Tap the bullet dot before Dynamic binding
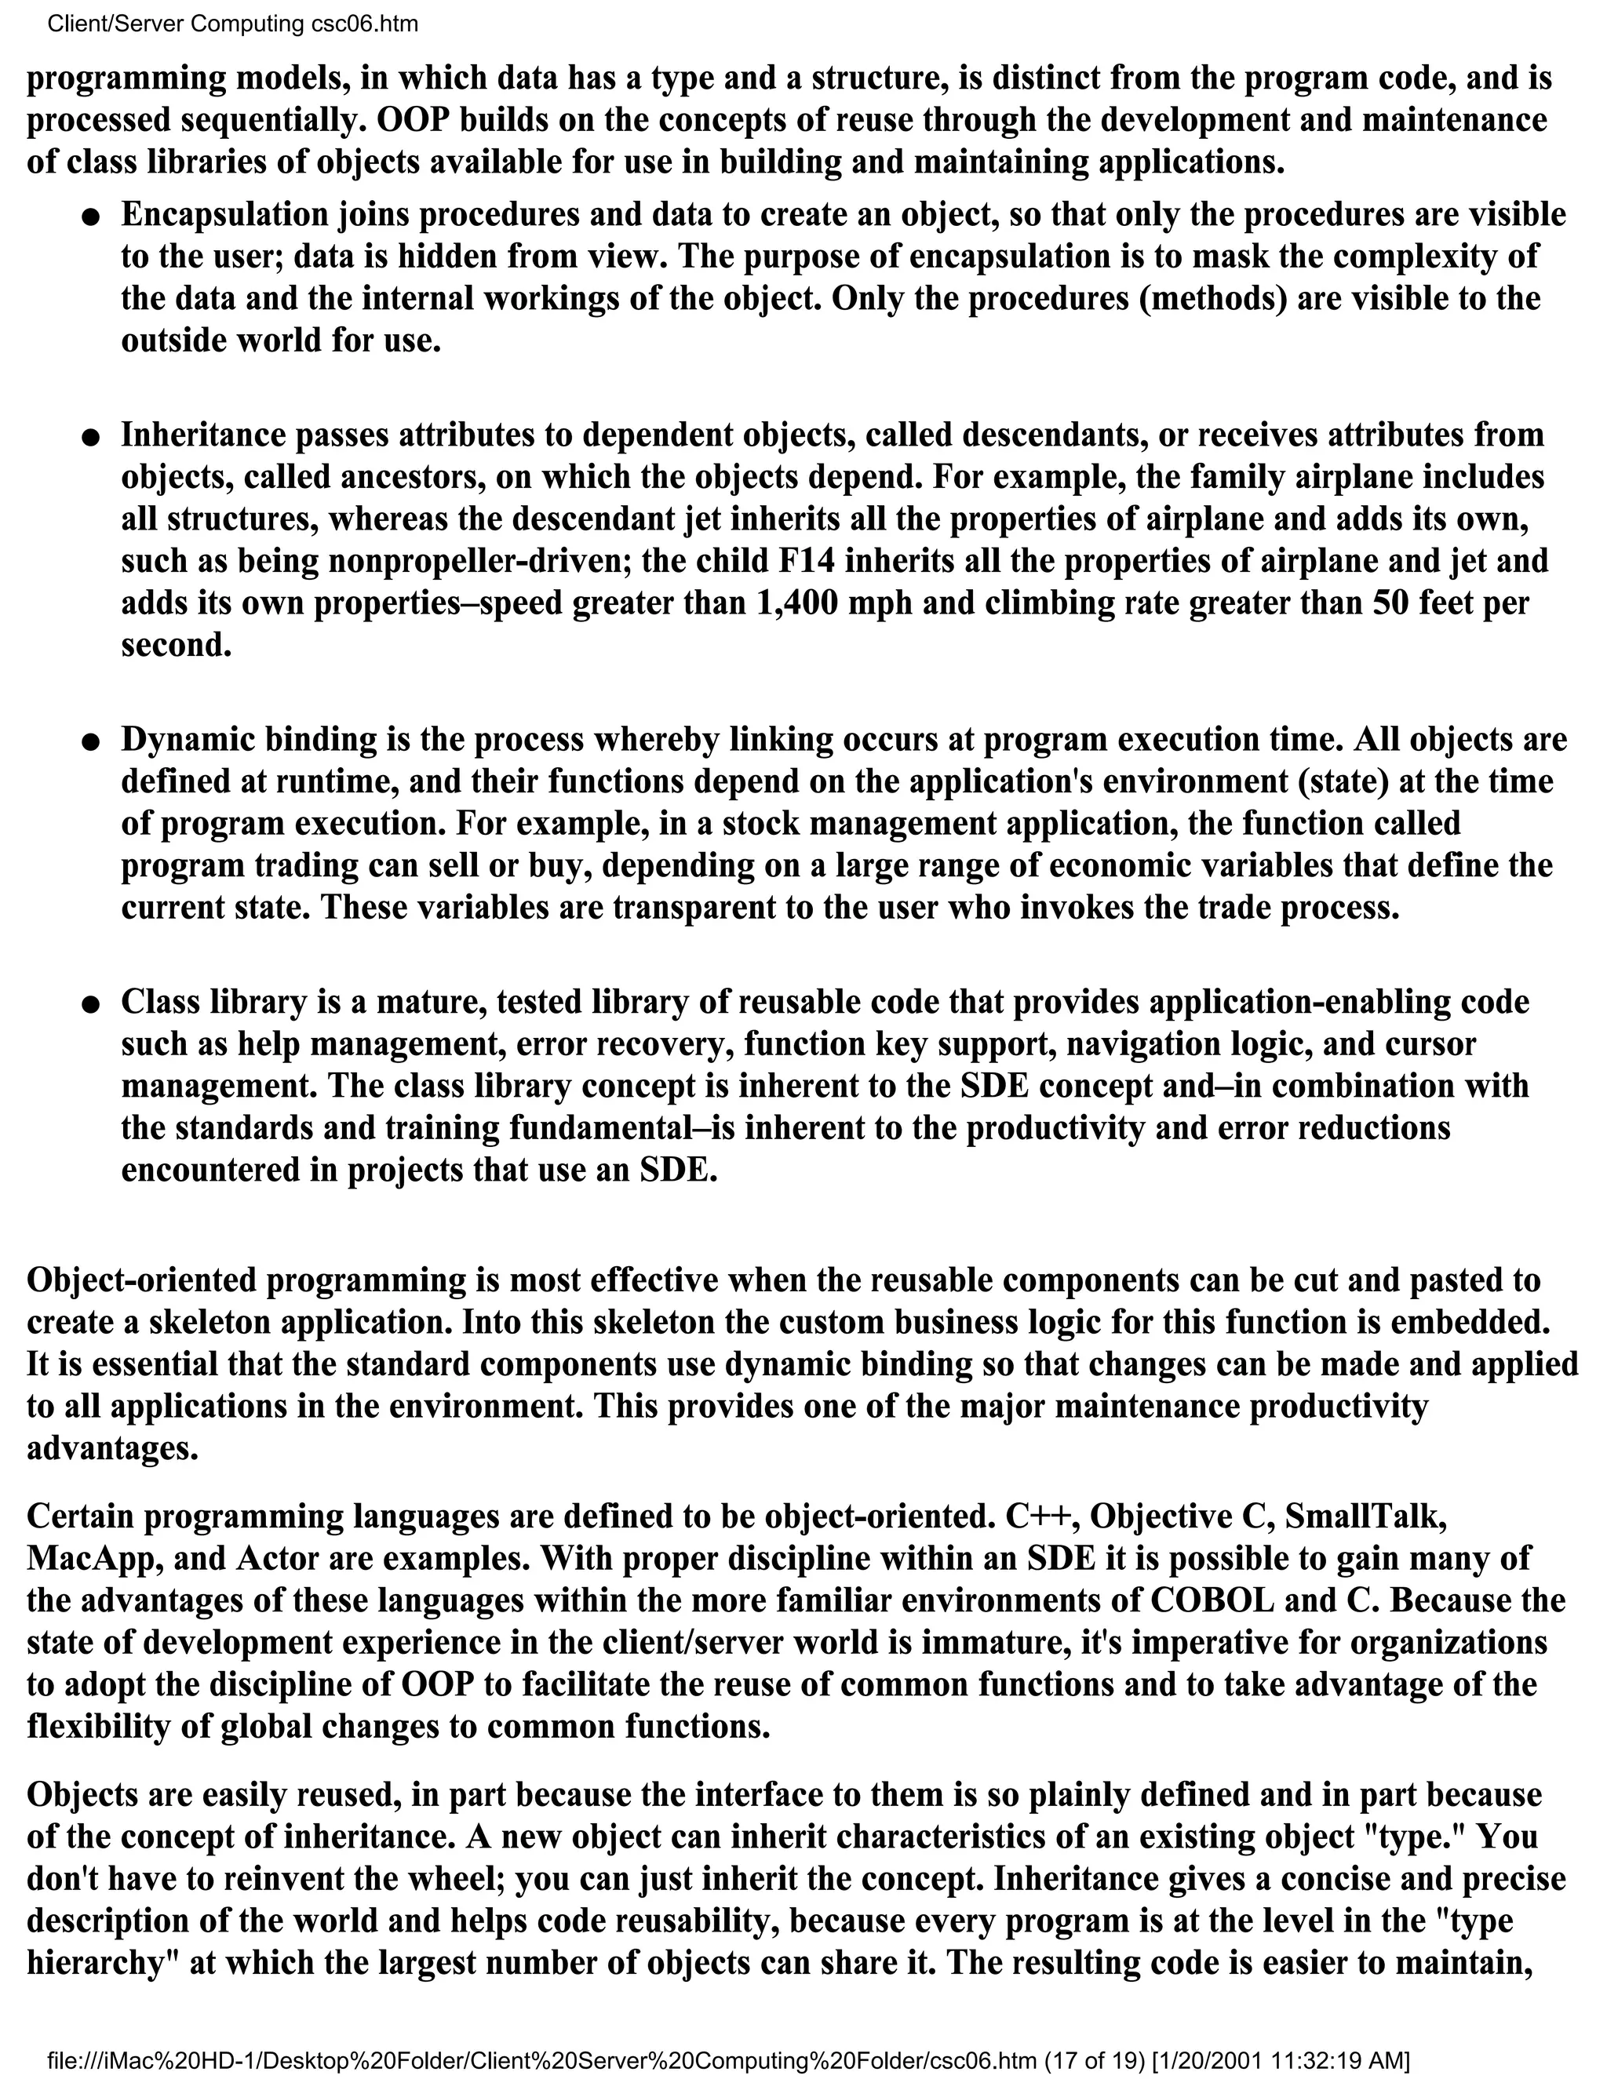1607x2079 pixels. coord(90,741)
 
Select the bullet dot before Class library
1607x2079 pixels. coord(90,1004)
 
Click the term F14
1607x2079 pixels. coord(807,561)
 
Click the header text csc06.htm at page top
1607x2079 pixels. coord(365,24)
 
